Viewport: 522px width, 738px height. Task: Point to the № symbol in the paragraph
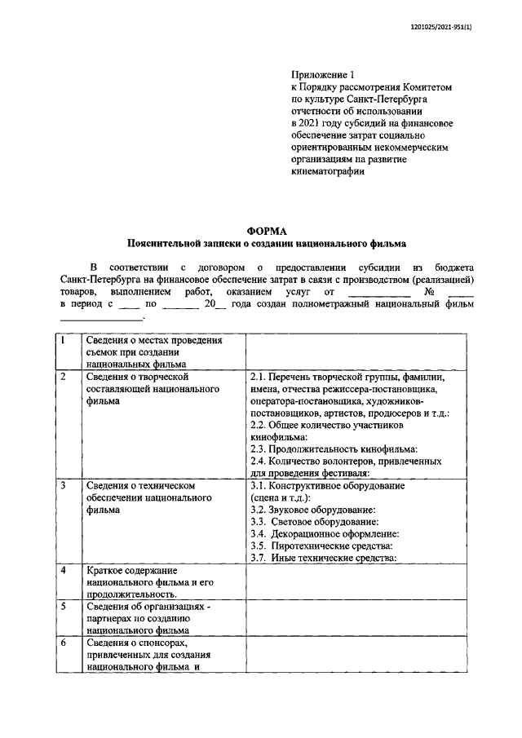[429, 291]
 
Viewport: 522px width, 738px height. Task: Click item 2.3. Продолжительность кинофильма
[334, 449]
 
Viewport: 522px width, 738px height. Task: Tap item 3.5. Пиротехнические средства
[321, 546]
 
